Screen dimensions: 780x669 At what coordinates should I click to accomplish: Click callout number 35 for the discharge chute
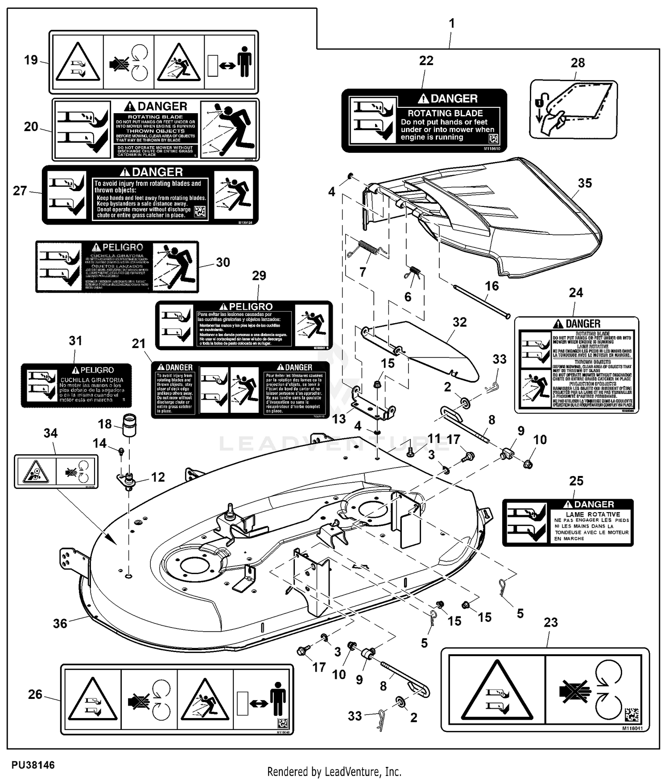coord(585,183)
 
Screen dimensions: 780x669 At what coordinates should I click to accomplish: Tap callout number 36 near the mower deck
coord(60,623)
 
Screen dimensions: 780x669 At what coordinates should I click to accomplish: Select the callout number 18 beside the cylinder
coord(105,424)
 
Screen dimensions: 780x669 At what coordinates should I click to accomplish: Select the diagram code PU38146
coord(33,765)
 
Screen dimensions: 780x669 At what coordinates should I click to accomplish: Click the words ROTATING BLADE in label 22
coord(445,113)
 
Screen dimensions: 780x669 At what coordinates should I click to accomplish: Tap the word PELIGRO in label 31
coord(97,370)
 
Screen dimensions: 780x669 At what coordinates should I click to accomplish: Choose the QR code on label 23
coord(632,715)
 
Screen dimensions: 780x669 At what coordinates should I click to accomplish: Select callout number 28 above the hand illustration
coord(578,63)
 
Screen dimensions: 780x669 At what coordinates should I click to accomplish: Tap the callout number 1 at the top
coord(452,23)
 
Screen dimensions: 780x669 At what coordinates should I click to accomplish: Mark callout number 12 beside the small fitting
coord(158,477)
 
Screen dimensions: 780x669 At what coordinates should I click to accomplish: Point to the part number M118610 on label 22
coord(491,148)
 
